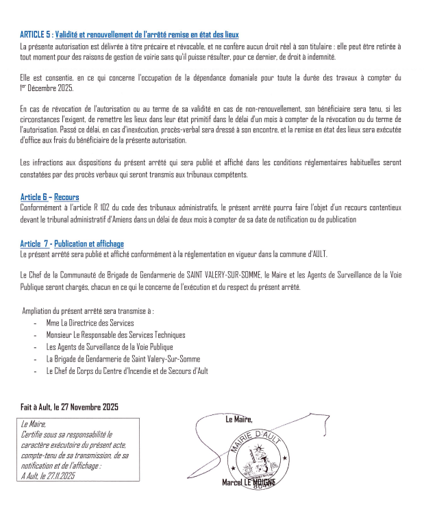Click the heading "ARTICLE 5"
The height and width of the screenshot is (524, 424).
(x=36, y=34)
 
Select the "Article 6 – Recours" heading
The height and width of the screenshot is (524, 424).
(x=49, y=197)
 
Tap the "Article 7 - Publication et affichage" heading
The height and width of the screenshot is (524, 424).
(x=72, y=244)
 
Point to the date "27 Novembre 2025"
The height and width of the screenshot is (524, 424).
(x=90, y=407)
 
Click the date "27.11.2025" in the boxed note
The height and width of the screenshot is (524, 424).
(x=58, y=475)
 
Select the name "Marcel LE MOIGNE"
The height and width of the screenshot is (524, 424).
(x=248, y=483)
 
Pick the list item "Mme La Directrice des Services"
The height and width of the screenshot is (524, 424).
(x=90, y=323)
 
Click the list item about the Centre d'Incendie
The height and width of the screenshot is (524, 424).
(x=127, y=371)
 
